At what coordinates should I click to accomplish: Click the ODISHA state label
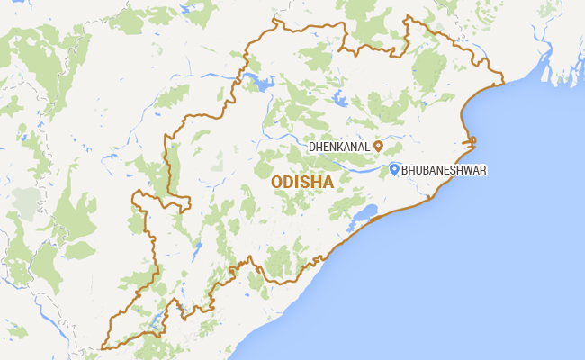(302, 182)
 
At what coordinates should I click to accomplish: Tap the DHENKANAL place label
(340, 146)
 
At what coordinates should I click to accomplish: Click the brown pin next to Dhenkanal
(379, 145)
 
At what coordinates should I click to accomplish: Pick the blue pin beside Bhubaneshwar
(394, 168)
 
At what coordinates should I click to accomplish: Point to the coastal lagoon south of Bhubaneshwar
(367, 214)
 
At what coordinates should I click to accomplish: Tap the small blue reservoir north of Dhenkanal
(338, 96)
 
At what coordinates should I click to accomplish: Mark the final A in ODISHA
(328, 182)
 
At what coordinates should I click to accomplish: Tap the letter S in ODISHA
(304, 182)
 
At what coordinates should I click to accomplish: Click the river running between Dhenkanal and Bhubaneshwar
(360, 166)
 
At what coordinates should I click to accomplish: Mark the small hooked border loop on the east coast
(470, 142)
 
